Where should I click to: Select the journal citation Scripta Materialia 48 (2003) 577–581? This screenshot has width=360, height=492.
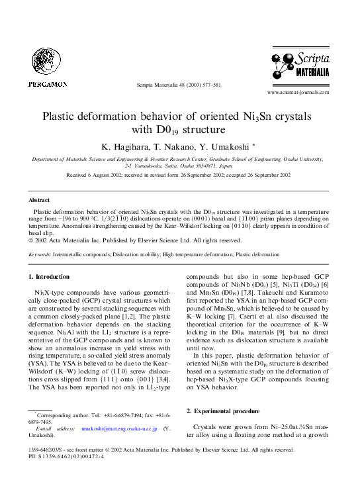point(179,86)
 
